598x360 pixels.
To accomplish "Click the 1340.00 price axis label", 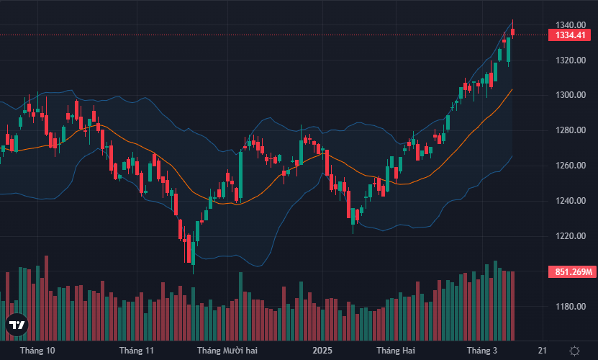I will tap(565, 24).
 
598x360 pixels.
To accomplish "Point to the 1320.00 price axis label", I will tap(565, 60).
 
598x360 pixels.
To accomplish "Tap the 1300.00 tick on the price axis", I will tap(565, 95).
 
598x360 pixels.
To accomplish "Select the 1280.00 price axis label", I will tap(565, 130).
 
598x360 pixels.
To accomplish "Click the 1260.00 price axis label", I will tap(565, 166).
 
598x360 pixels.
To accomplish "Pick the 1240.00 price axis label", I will tap(565, 201).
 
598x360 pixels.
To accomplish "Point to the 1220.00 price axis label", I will tap(565, 236).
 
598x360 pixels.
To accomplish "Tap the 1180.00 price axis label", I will tap(565, 307).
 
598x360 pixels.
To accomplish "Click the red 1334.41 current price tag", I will tap(570, 35).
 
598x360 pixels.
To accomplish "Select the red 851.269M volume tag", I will tap(573, 272).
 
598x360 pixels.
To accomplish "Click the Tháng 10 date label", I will tap(37, 351).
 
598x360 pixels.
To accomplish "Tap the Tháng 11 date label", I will tap(137, 351).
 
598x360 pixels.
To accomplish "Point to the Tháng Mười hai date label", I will tap(227, 351).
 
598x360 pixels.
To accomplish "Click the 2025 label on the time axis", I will tap(322, 351).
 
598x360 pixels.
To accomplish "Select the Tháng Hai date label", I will tap(397, 351).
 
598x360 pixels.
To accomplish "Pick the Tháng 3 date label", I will tap(482, 351).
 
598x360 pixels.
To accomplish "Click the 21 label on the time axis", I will tap(542, 351).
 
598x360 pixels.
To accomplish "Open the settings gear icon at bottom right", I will tap(574, 351).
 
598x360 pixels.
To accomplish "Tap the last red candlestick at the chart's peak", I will tap(513, 31).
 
